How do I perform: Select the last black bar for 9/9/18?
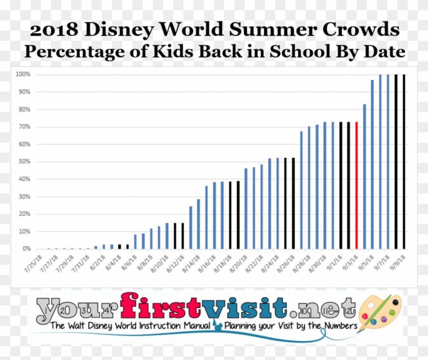click(404, 161)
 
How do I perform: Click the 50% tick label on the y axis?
click(25, 162)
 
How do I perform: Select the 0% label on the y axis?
click(26, 249)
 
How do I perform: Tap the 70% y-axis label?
click(25, 127)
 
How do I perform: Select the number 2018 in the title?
click(53, 30)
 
